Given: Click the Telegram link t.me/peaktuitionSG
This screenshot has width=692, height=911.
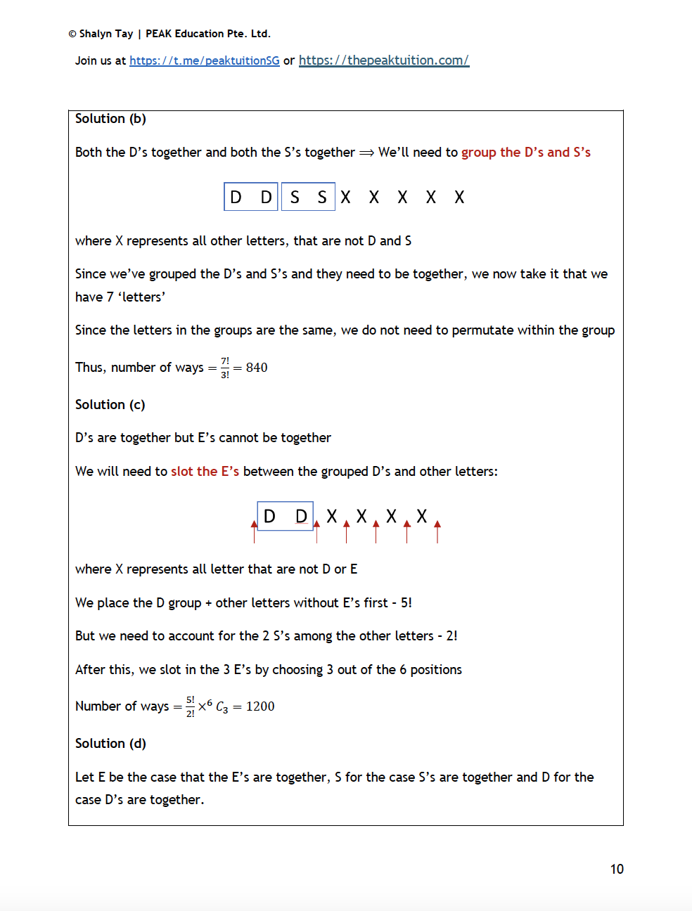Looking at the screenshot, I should click(x=204, y=60).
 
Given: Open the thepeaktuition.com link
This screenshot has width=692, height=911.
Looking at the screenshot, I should click(x=383, y=60).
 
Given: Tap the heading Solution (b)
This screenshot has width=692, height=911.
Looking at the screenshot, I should click(x=110, y=119).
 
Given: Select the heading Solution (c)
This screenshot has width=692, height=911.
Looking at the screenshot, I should click(x=110, y=405).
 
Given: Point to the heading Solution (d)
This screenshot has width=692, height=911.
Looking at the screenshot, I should click(x=110, y=744).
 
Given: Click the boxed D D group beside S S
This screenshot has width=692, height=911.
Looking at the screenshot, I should click(x=251, y=197).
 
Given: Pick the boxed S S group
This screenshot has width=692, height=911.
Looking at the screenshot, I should click(x=308, y=197).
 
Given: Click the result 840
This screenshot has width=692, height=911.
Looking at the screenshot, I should click(x=257, y=368).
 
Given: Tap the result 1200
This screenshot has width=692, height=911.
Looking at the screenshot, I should click(x=260, y=706).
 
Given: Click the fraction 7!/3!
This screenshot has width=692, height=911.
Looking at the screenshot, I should click(x=225, y=368).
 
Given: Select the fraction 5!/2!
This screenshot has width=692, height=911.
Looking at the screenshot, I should click(x=191, y=706).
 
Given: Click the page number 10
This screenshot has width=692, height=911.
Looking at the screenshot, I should click(x=617, y=870).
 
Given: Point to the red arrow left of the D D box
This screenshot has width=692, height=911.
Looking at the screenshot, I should click(x=254, y=532).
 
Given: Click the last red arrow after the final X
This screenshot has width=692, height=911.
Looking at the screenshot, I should click(x=437, y=532).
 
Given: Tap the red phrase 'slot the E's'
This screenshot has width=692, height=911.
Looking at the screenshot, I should click(x=205, y=472).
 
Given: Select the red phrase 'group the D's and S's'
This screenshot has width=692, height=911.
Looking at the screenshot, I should click(x=525, y=153).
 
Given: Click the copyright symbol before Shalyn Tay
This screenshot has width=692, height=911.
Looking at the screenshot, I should click(x=72, y=34).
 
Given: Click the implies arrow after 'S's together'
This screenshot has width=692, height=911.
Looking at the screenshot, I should click(x=366, y=153).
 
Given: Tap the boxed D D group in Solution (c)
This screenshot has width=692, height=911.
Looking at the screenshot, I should click(x=285, y=517).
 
